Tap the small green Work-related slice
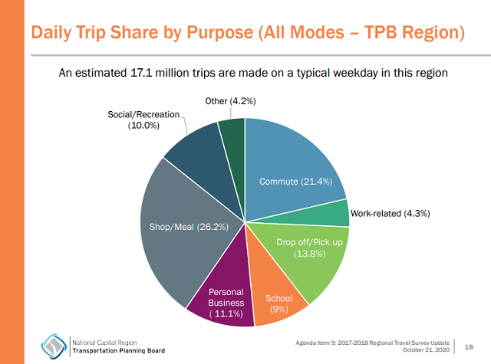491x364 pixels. [336, 214]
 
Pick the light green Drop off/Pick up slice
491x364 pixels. [307, 253]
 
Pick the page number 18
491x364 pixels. [469, 346]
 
